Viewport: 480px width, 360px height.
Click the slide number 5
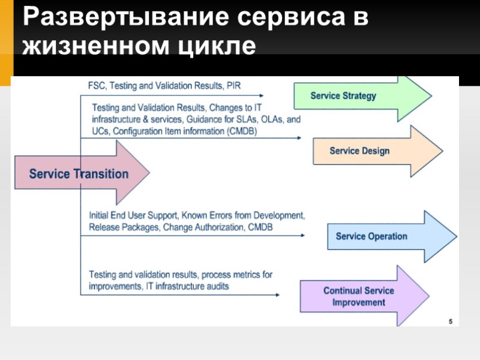(451, 321)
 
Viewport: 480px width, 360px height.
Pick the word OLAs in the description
(266, 120)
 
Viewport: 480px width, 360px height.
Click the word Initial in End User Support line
(100, 215)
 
